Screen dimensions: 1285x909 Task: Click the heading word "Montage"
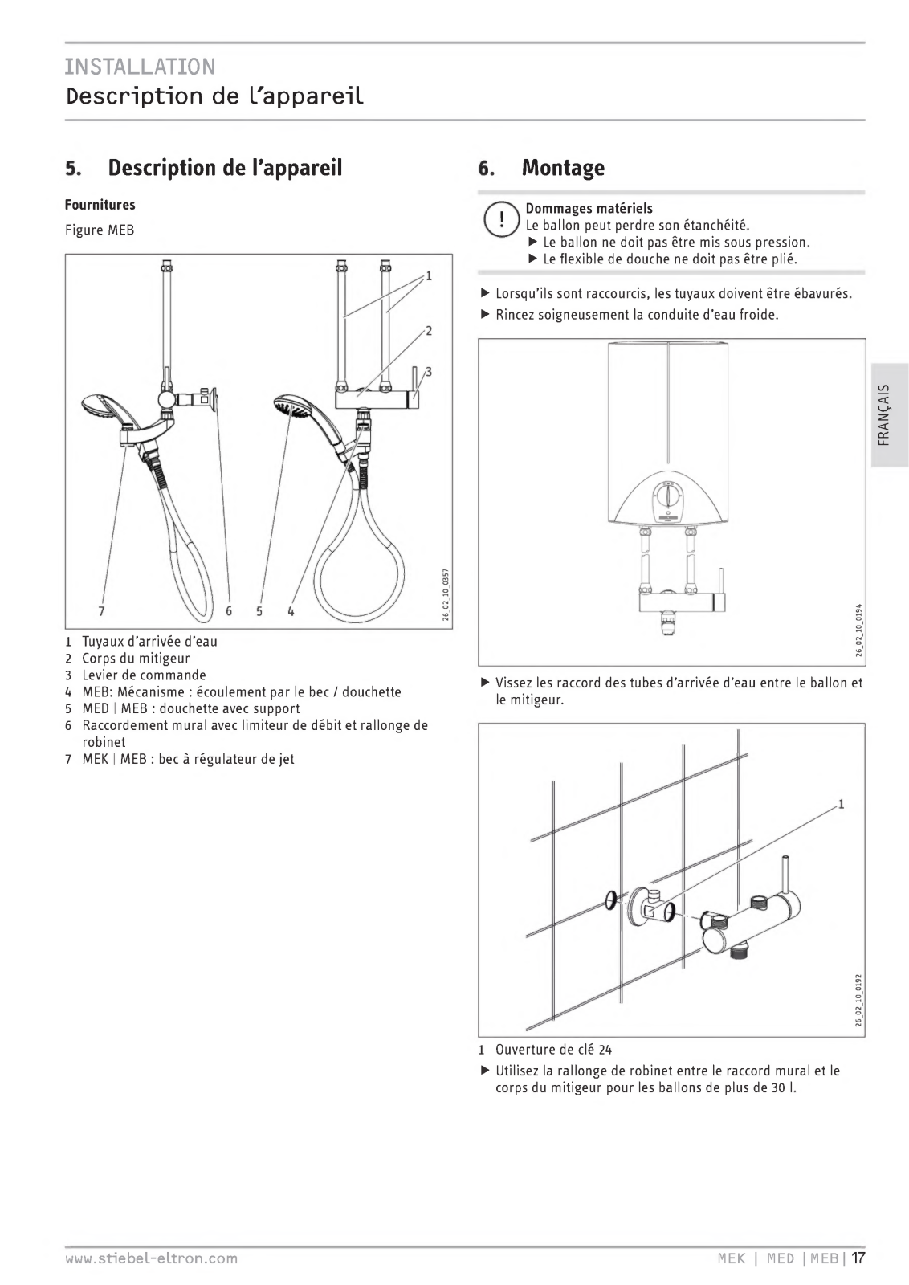[562, 168]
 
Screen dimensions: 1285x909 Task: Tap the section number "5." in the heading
[74, 169]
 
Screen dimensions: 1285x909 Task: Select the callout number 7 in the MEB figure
[101, 611]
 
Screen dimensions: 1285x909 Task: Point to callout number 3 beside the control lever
[429, 372]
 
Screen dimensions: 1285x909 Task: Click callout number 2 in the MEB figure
[429, 330]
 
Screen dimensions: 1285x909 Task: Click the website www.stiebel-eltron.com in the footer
[151, 1258]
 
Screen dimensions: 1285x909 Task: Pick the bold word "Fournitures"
[100, 205]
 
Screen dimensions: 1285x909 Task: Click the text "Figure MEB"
[100, 230]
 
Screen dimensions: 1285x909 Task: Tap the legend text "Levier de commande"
[144, 675]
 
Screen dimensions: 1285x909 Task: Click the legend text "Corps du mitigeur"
[136, 659]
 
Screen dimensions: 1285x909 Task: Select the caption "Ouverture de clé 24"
[553, 1050]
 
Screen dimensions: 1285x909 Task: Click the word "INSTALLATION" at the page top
[141, 66]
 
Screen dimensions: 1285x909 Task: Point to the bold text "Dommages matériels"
[589, 209]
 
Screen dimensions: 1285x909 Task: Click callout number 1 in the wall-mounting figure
[841, 804]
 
